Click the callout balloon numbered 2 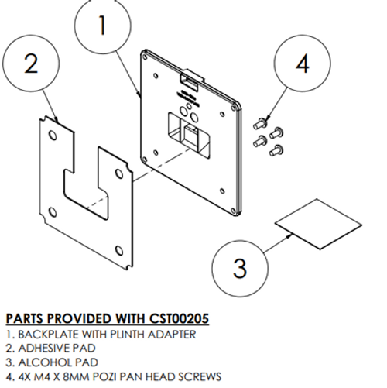pyautogui.click(x=31, y=65)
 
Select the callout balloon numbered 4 pyautogui.click(x=302, y=64)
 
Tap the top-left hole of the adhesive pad pyautogui.click(x=52, y=136)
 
